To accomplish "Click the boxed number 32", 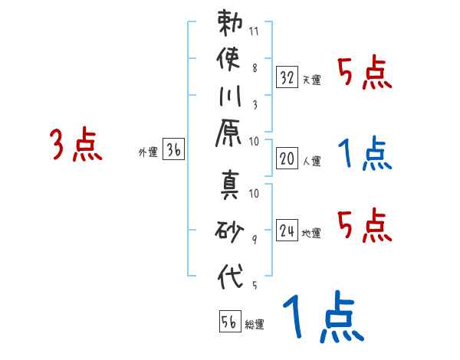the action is click(x=287, y=77).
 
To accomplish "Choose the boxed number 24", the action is click(x=287, y=231).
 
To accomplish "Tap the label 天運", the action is click(x=311, y=80).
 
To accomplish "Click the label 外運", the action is click(x=148, y=152).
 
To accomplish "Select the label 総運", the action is click(x=255, y=325).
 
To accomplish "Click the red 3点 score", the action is click(x=76, y=144).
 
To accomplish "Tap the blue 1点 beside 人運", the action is click(x=364, y=154).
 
